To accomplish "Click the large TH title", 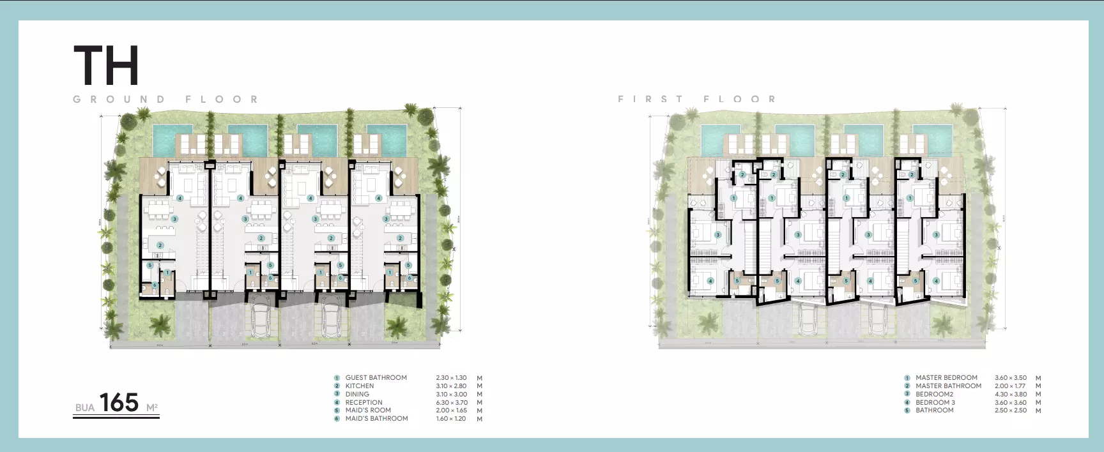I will [106, 66].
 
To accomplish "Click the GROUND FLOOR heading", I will [166, 100].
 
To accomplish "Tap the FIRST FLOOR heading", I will [697, 99].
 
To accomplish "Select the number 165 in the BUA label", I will [119, 403].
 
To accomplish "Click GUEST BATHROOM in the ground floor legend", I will [376, 378].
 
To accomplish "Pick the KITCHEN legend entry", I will [360, 386].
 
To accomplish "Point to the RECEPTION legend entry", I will [364, 403].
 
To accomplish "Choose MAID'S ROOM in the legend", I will [367, 411].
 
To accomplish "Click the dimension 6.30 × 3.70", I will [451, 403].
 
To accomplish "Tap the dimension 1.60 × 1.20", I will [451, 419].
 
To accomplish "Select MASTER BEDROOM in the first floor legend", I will [946, 378].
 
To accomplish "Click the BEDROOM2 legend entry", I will [934, 395].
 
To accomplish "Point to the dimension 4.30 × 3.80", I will [1011, 395].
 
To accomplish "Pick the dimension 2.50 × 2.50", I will [1011, 411].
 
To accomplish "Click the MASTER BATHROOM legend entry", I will [948, 386].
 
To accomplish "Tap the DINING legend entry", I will [357, 395].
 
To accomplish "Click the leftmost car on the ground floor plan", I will [261, 318].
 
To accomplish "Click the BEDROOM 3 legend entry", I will [935, 403].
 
